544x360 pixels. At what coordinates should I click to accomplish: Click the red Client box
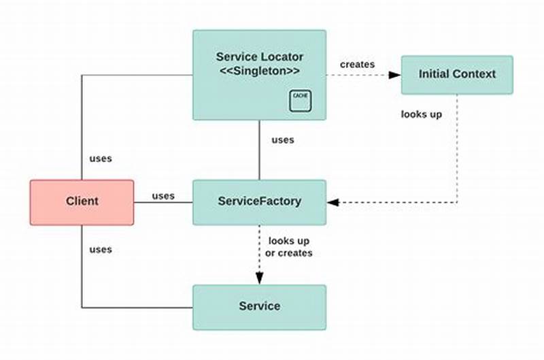[x=82, y=201]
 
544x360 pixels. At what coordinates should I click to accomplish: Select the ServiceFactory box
[x=259, y=201]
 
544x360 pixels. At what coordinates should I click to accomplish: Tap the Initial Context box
[x=457, y=74]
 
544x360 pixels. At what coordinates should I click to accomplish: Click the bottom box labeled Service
[x=259, y=306]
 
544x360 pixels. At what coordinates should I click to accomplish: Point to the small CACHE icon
[x=299, y=99]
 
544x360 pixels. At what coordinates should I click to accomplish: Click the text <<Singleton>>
[x=259, y=71]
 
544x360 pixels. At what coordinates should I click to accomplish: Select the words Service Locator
[x=259, y=56]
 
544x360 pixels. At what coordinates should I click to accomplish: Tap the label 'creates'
[x=357, y=64]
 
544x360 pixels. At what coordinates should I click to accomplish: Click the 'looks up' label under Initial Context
[x=422, y=114]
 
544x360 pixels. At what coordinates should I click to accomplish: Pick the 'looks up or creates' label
[x=290, y=247]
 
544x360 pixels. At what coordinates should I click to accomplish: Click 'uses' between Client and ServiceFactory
[x=163, y=196]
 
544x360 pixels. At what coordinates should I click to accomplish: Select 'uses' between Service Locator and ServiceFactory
[x=283, y=140]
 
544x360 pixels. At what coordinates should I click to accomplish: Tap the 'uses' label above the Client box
[x=101, y=159]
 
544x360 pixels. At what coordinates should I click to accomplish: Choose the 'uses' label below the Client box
[x=101, y=249]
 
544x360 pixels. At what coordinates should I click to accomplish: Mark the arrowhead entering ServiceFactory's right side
[x=333, y=202]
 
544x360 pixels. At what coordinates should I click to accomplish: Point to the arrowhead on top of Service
[x=259, y=278]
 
